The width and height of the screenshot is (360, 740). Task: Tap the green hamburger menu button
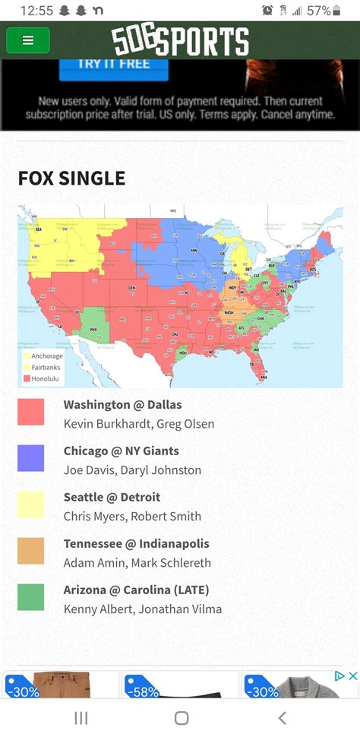point(28,40)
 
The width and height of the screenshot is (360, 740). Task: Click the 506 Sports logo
point(180,40)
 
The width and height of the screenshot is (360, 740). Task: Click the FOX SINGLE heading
point(71,179)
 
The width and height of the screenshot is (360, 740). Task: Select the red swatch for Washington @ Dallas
point(31,412)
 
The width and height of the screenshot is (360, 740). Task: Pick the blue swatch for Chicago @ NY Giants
point(31,458)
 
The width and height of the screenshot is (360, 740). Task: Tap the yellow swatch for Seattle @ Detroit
point(31,504)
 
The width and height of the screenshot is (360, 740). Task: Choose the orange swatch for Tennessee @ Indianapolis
point(31,551)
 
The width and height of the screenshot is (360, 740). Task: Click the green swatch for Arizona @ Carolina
point(31,597)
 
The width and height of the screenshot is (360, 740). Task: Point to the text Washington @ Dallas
point(122,405)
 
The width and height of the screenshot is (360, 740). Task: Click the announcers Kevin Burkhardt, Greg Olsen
point(138,424)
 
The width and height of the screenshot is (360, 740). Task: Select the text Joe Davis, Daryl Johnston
point(132,470)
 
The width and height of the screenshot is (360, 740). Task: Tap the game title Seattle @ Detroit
point(112,498)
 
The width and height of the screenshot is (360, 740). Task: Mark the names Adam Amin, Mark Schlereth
point(137,563)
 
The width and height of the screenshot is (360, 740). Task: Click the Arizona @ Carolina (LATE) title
point(136,590)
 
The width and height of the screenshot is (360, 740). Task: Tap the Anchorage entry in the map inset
point(46,356)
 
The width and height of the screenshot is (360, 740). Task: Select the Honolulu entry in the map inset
point(46,378)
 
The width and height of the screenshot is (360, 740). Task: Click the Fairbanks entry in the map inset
point(46,367)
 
